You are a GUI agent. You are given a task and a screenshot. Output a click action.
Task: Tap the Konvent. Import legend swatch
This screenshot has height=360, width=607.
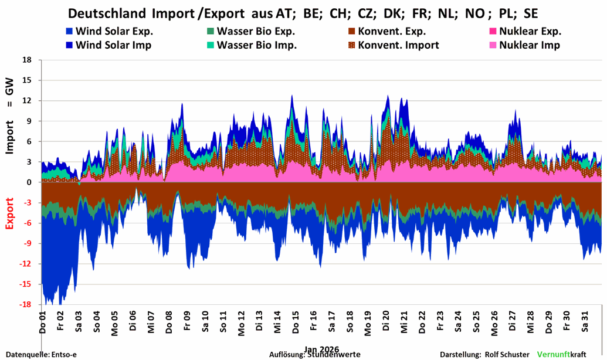click(x=352, y=45)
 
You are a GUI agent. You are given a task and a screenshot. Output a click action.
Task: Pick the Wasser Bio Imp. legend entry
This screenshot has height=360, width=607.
click(x=256, y=45)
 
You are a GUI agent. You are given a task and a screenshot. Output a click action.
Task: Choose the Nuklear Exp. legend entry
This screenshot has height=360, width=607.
click(x=530, y=32)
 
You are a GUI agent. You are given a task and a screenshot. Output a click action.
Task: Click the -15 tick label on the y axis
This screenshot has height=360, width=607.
click(x=26, y=284)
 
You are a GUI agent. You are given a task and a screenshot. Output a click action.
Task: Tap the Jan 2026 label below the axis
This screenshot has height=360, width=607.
click(x=321, y=348)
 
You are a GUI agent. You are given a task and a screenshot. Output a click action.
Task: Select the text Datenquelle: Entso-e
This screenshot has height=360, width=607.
click(x=42, y=355)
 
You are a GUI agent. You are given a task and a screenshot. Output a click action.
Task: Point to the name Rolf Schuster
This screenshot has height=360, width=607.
click(x=507, y=355)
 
